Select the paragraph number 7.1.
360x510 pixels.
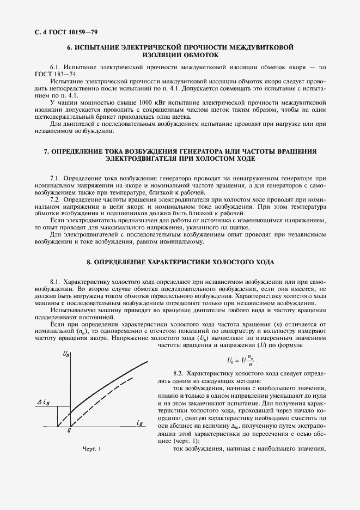click(x=55, y=178)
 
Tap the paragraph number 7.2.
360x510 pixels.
click(x=55, y=200)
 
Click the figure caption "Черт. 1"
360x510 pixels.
click(x=91, y=448)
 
